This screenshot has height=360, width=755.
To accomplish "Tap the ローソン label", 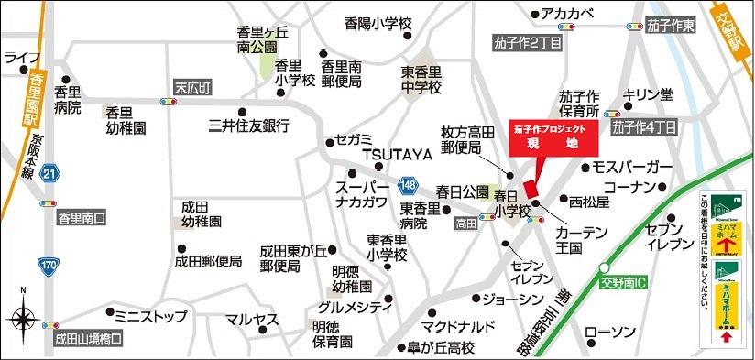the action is click(609, 331).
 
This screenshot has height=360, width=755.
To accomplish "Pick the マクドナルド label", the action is click(458, 326).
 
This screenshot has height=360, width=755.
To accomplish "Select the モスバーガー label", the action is click(632, 168).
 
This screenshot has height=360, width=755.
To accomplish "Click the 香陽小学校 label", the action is click(379, 21).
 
